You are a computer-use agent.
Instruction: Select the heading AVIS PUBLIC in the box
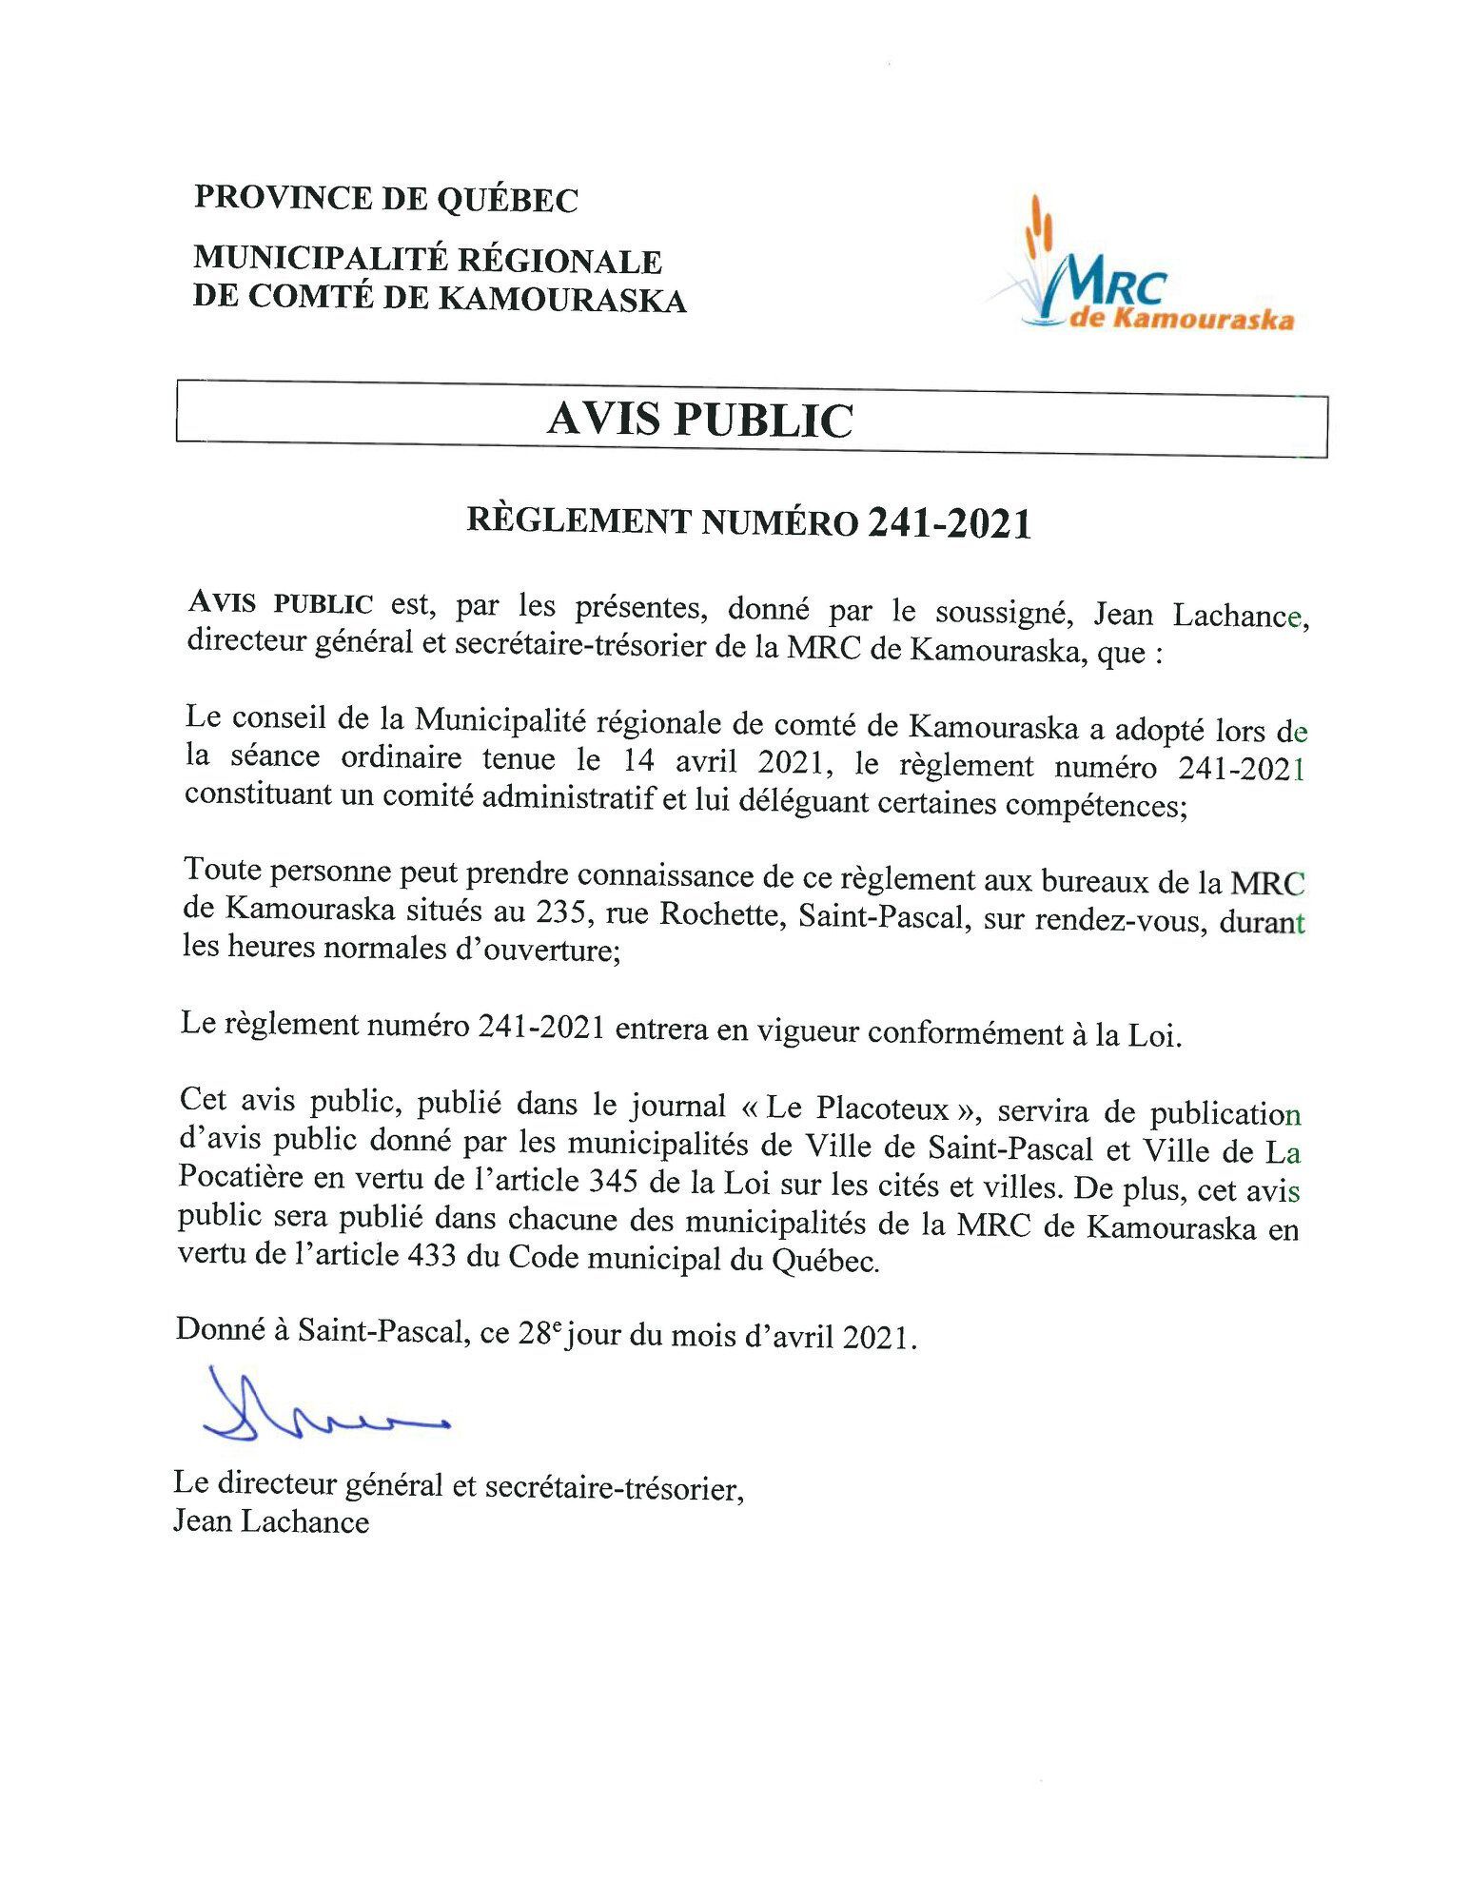(700, 420)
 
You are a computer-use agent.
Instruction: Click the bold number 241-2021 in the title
(949, 523)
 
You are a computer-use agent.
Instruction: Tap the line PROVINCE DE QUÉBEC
(386, 199)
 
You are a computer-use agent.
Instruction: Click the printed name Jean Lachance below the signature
(271, 1521)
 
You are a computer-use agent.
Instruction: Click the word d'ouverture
(532, 950)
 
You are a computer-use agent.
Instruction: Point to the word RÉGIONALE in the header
(560, 260)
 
